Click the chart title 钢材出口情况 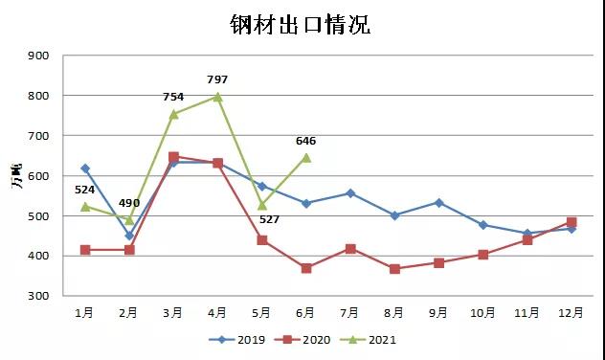coord(300,25)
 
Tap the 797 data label coord(217,79)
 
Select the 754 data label coord(173,97)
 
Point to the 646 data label coord(305,141)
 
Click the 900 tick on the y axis coord(39,56)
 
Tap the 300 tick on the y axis coord(39,296)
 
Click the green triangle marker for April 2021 coord(217,97)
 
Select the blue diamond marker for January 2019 coord(85,169)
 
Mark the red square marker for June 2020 coord(306,268)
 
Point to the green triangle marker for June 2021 coord(306,157)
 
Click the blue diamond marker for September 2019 coord(438,203)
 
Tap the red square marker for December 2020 coord(571,222)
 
